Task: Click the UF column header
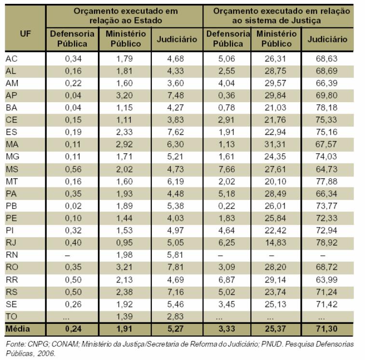pyautogui.click(x=25, y=34)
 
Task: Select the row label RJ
pyautogui.click(x=11, y=243)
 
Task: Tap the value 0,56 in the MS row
pyautogui.click(x=73, y=169)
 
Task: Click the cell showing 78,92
pyautogui.click(x=326, y=243)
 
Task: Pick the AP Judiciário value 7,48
pyautogui.click(x=176, y=95)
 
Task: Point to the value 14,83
pyautogui.click(x=275, y=243)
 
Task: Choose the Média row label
pyautogui.click(x=18, y=329)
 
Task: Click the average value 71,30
pyautogui.click(x=326, y=329)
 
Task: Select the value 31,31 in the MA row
pyautogui.click(x=275, y=145)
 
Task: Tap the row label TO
pyautogui.click(x=12, y=317)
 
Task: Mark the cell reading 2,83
pyautogui.click(x=176, y=317)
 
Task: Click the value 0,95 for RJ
pyautogui.click(x=124, y=243)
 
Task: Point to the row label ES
pyautogui.click(x=12, y=132)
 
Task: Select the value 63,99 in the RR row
pyautogui.click(x=326, y=280)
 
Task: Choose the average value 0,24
pyautogui.click(x=73, y=329)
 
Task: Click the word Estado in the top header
pyautogui.click(x=149, y=20)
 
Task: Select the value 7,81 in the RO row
pyautogui.click(x=176, y=267)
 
